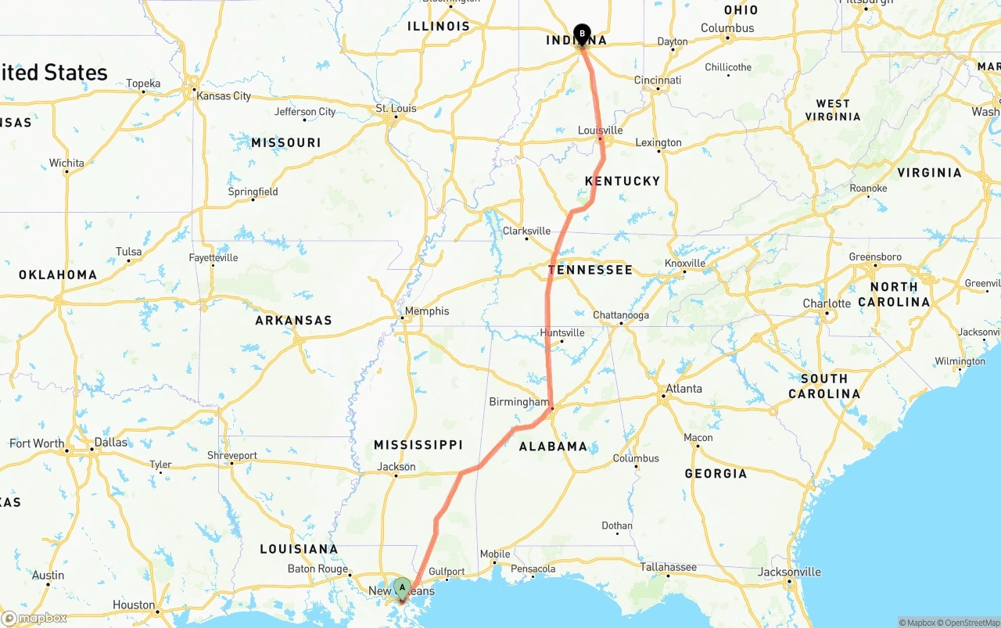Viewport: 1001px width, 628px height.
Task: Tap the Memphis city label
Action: (426, 310)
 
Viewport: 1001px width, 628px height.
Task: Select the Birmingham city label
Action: (519, 402)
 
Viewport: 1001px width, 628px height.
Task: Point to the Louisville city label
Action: (600, 130)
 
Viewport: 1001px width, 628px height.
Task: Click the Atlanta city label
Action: (683, 389)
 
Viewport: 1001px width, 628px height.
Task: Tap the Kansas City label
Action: (224, 95)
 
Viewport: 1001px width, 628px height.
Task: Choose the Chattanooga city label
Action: (621, 315)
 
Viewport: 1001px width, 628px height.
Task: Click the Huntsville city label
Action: (562, 332)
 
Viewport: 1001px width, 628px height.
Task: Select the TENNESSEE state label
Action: (590, 270)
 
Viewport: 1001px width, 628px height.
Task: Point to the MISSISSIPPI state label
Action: (418, 445)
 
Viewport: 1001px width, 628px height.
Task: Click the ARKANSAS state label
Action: (293, 320)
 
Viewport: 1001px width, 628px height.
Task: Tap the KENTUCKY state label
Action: (622, 181)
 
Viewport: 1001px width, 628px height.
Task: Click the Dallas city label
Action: (110, 442)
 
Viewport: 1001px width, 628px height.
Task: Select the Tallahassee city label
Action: (669, 567)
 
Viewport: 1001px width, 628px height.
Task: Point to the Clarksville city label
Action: (526, 231)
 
